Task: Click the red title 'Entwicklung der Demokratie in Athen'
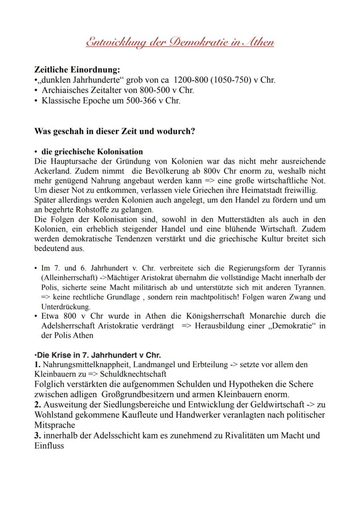tap(180, 42)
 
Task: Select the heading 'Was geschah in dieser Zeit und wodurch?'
tap(114, 131)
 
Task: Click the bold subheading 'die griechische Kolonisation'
tap(92, 152)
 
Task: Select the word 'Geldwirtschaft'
tap(277, 404)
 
